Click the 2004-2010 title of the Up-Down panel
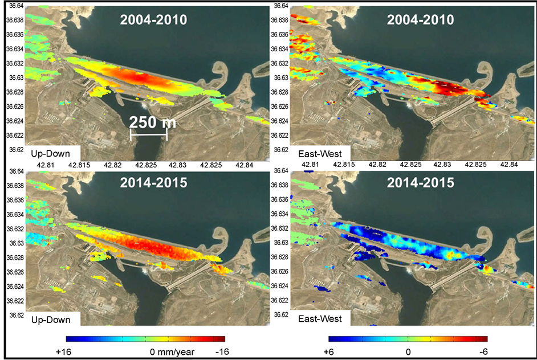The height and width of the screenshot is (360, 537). pyautogui.click(x=154, y=21)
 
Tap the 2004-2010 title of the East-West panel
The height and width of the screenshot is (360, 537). pyautogui.click(x=421, y=21)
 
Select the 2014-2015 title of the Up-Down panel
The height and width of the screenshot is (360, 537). pyautogui.click(x=154, y=183)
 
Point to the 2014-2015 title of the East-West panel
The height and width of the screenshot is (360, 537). pyautogui.click(x=421, y=183)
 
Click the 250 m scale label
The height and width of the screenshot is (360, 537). pyautogui.click(x=151, y=122)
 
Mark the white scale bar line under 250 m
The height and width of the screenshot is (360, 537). pyautogui.click(x=149, y=135)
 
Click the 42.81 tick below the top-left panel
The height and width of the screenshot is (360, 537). pyautogui.click(x=45, y=164)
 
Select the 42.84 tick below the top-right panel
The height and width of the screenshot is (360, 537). pyautogui.click(x=508, y=164)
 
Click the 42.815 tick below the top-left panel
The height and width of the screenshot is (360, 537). pyautogui.click(x=79, y=164)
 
